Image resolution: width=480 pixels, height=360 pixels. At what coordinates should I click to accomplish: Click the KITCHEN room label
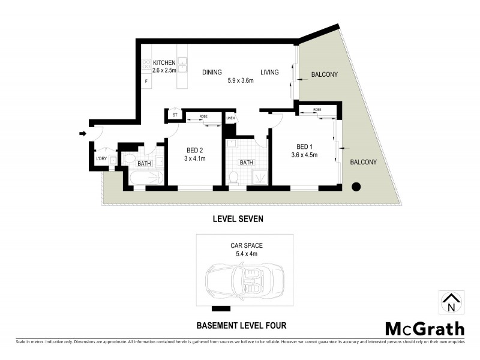[x=164, y=62]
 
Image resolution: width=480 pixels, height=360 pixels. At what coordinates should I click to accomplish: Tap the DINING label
[x=212, y=73]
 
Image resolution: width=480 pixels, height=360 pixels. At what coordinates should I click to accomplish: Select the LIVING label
[x=269, y=73]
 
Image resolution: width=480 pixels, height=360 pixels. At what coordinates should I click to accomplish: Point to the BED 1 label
[x=305, y=146]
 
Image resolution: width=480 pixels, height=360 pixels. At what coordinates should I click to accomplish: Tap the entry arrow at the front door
[x=82, y=133]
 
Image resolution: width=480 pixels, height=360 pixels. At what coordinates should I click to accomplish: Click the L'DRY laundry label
[x=101, y=159]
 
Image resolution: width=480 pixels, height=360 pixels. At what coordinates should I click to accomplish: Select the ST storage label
[x=175, y=114]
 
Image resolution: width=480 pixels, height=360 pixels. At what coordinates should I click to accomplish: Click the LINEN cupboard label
[x=230, y=118]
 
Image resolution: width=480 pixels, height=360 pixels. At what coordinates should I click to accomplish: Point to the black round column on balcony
[x=356, y=186]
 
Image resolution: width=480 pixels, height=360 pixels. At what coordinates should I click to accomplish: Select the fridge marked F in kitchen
[x=145, y=81]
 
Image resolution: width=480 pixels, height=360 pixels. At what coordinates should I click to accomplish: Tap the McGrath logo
[x=424, y=328]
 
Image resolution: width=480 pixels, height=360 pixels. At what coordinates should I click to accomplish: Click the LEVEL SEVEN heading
[x=238, y=219]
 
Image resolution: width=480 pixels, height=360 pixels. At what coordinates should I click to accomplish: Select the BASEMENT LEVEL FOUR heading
[x=241, y=326]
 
